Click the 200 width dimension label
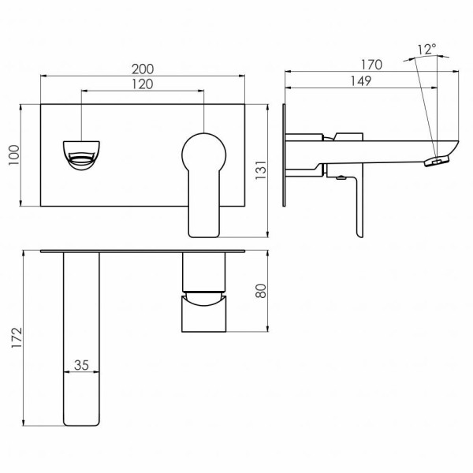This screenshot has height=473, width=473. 143,69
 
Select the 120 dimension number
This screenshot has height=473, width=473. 143,84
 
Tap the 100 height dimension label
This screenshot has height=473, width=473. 14,155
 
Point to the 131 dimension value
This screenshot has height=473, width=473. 261,170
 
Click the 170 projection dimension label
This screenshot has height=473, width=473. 371,65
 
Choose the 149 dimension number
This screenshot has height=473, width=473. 361,81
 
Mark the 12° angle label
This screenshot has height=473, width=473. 427,49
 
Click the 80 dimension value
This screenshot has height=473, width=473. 261,291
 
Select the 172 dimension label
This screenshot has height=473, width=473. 17,337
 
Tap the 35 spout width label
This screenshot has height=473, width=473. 81,365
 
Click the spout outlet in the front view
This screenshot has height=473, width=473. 81,155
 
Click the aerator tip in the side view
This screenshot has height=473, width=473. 437,161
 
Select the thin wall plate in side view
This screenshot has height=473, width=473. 284,155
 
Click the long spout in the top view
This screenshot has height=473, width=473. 81,339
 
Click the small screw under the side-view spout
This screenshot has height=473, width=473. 341,177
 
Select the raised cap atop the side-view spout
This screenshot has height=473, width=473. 348,136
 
